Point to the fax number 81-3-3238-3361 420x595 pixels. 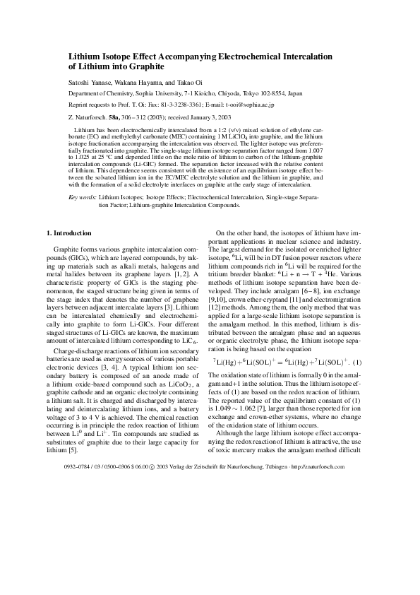click(x=170, y=104)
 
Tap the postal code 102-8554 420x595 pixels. click(x=270, y=93)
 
